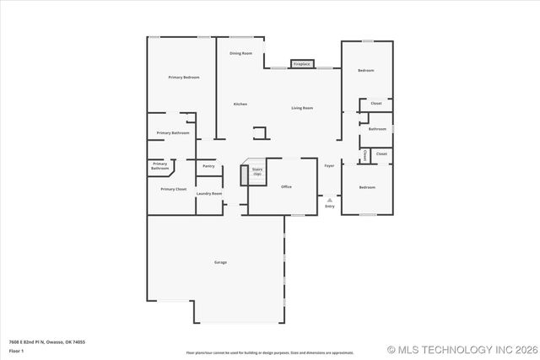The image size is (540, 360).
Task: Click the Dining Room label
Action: click(240, 53)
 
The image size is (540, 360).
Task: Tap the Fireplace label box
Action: click(302, 64)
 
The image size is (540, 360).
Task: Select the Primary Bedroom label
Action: click(183, 78)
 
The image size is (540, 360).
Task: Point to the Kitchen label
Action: click(240, 104)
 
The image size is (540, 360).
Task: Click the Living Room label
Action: click(302, 108)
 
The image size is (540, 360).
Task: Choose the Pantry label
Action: click(208, 166)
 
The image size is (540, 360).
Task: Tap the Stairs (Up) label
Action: click(256, 171)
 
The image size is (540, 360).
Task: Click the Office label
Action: click(286, 186)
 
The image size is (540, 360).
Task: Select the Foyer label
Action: click(329, 166)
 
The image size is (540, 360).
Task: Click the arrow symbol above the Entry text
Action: click(329, 200)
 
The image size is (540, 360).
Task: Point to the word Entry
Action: click(329, 207)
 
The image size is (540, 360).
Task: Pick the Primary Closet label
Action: click(174, 190)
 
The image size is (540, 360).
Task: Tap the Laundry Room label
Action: click(209, 194)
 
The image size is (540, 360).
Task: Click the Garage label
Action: click(220, 262)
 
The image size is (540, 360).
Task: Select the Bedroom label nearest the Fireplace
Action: click(365, 71)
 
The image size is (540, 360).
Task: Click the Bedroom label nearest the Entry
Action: click(366, 187)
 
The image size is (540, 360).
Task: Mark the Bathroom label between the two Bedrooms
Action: click(377, 129)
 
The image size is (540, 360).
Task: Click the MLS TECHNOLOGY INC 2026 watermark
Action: click(460, 349)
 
